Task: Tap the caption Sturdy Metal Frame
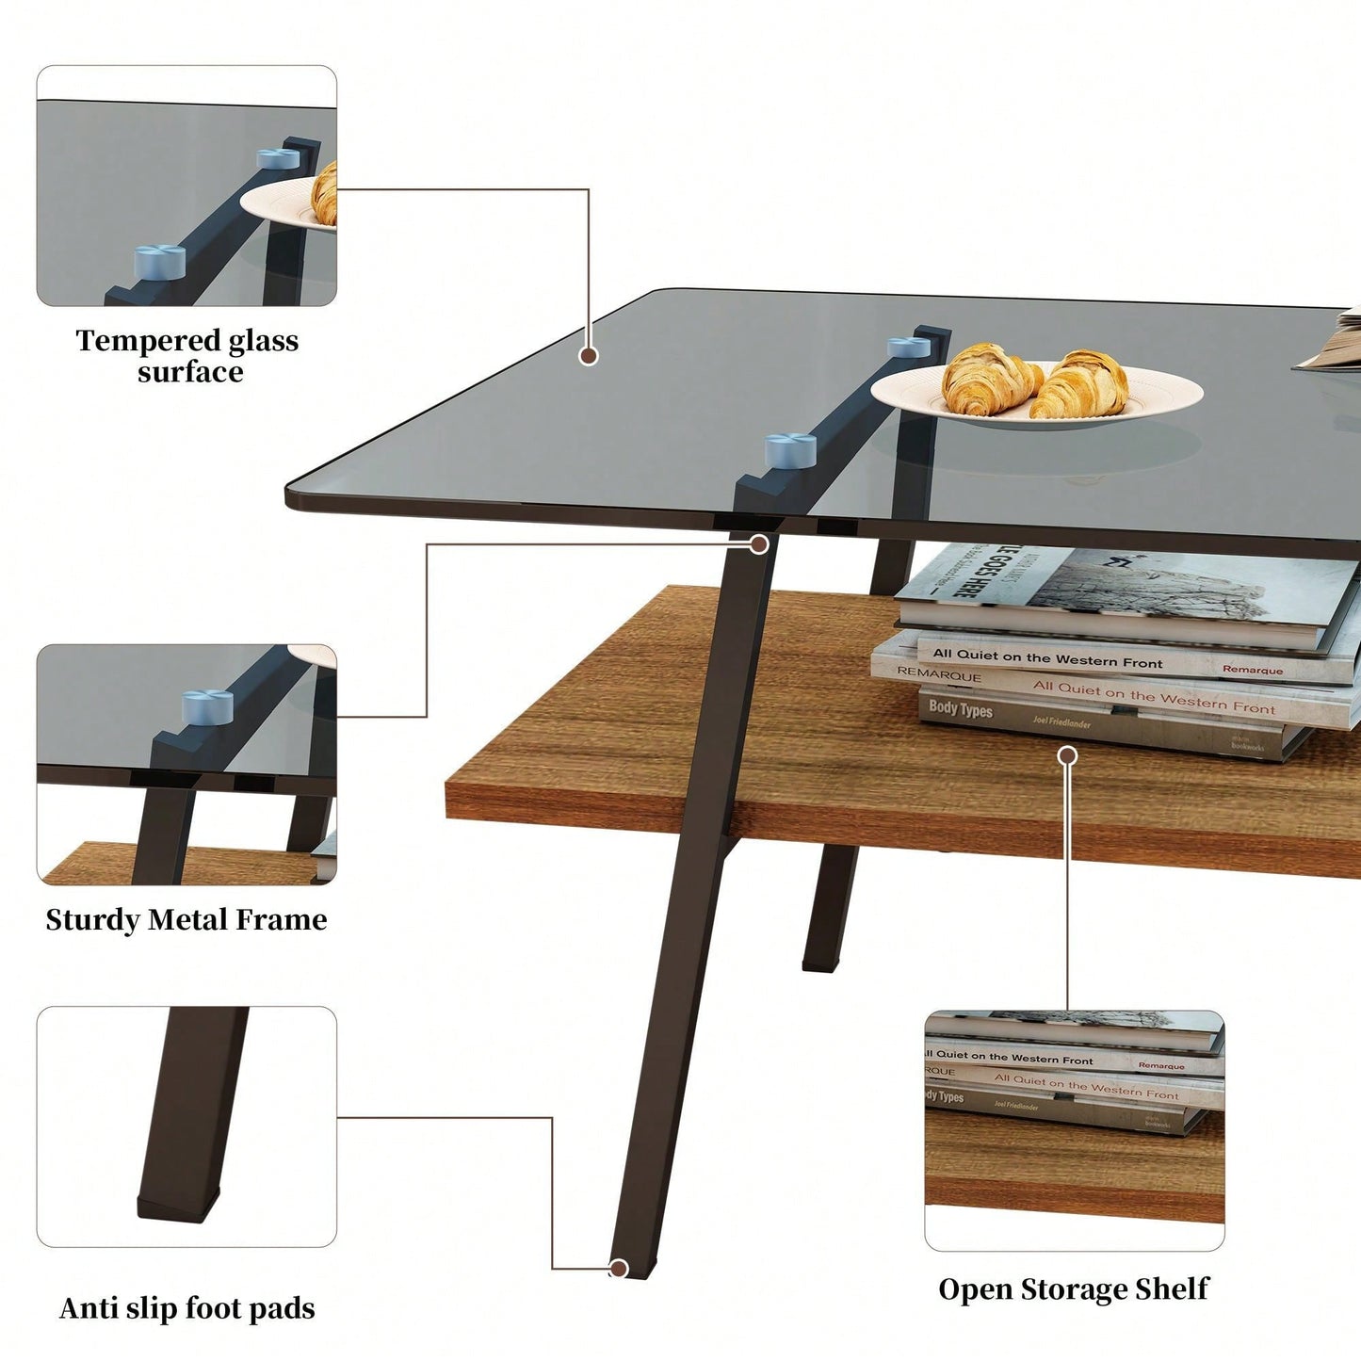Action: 186,920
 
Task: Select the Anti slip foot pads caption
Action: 186,1308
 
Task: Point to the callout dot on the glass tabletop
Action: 589,356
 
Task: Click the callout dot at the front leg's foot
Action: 619,1269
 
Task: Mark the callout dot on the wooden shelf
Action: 1067,755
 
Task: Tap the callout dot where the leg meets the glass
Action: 759,544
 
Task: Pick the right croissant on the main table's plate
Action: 1082,384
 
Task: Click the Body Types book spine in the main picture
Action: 961,708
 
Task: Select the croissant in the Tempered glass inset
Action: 325,192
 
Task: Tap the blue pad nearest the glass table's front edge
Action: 790,450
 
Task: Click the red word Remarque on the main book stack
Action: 1252,670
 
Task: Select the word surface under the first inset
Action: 190,373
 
